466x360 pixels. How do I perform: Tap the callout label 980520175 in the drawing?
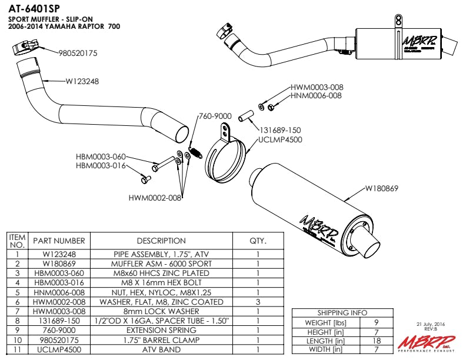78,53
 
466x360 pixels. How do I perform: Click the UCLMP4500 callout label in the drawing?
280,140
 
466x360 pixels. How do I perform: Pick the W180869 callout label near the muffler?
382,189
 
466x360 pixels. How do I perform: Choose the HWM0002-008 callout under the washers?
155,198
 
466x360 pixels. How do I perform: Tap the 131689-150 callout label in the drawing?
279,131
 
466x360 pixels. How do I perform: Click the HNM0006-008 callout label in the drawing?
317,95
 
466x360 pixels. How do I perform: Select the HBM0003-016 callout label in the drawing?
101,165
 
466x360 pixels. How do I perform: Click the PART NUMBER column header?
59,241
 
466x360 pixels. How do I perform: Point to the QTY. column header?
258,241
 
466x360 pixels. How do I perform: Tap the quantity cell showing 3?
258,302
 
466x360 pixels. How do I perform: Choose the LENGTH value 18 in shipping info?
376,341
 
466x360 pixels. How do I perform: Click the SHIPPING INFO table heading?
342,313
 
